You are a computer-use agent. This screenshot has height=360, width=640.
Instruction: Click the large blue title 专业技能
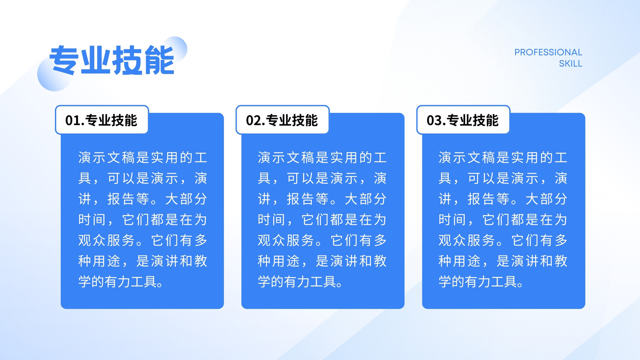coord(112,60)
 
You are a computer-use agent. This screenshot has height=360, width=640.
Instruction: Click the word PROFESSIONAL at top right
coord(548,52)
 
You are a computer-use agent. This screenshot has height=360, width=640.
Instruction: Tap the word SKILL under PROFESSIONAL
coord(570,64)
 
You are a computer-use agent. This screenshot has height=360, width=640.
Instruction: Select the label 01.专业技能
coord(102,120)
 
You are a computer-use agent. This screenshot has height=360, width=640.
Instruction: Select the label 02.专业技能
coord(282,120)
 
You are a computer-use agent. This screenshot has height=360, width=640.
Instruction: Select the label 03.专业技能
coord(463,120)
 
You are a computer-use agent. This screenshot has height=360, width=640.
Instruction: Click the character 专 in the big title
coord(64,60)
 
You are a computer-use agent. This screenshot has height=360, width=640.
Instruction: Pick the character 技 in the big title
coord(127,60)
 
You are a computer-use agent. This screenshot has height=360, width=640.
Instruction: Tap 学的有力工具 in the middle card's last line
coord(296,282)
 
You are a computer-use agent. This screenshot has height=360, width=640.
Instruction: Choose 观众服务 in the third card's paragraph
coord(467,240)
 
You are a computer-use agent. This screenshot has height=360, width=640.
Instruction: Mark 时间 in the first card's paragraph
coord(92,220)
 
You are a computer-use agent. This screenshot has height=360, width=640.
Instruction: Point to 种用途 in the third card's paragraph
coord(460,261)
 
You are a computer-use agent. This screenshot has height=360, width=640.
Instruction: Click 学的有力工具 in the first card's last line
coord(117,282)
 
